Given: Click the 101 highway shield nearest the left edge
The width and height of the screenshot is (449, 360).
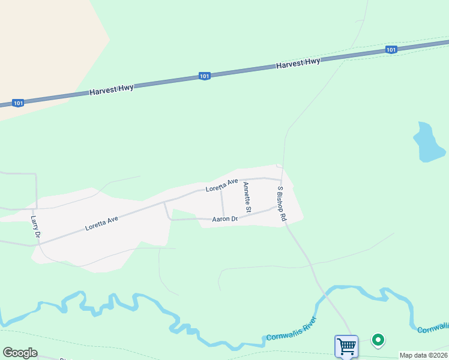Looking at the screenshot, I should [18, 103].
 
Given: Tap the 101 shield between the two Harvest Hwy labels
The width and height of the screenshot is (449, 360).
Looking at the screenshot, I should [205, 76].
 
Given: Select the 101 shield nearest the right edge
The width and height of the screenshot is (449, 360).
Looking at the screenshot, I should [391, 50].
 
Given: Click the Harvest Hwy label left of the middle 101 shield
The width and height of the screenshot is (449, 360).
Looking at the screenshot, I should [112, 90].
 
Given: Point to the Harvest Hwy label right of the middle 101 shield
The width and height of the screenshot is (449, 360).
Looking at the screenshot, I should [298, 63].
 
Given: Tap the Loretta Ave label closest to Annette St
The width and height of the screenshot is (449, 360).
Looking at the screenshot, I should [221, 185].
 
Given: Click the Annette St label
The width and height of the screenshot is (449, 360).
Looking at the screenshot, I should [247, 197].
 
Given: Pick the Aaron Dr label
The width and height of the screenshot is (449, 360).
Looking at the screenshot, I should [225, 220].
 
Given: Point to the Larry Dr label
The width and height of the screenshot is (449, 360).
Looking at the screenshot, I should [35, 227].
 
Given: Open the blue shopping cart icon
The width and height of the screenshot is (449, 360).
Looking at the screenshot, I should [346, 346].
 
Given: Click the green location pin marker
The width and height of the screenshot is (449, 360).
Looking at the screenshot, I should [378, 340].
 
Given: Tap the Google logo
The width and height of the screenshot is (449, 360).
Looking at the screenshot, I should [20, 353].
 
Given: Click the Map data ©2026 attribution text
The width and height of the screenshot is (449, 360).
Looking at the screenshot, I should [423, 355].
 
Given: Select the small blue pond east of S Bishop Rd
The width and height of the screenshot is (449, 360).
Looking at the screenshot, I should [428, 143].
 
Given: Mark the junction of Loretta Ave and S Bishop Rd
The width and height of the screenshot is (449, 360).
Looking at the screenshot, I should [282, 179].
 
